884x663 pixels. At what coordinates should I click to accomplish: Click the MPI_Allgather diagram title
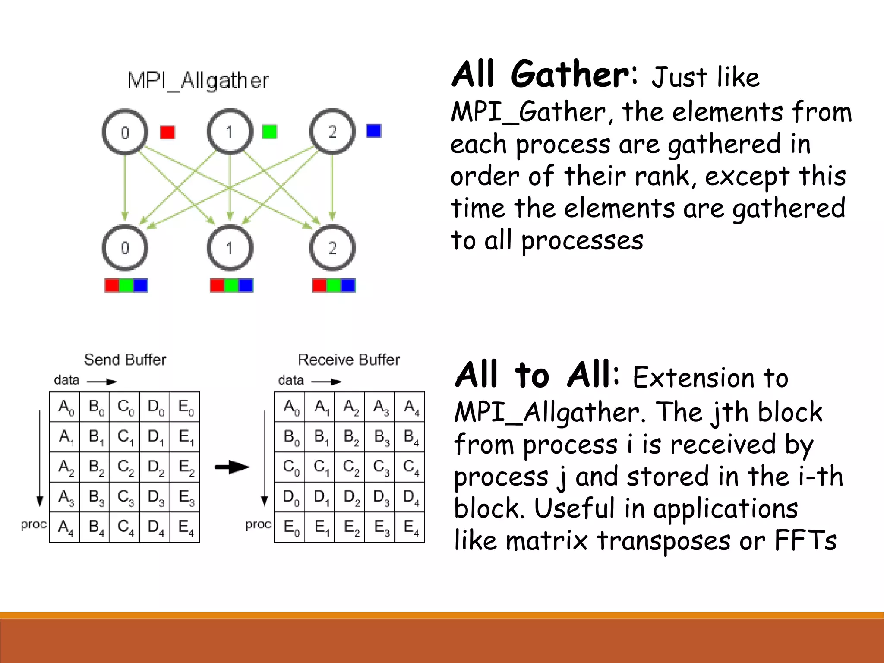click(x=198, y=81)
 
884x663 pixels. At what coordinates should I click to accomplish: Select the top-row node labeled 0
click(x=125, y=132)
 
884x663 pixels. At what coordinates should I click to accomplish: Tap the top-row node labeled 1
click(x=230, y=132)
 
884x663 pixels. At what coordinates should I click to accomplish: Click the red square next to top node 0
click(x=167, y=132)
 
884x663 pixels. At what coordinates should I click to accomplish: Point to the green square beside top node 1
click(x=269, y=132)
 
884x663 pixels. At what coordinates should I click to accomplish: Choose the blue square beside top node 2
click(x=374, y=131)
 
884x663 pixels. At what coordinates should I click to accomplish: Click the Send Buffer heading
click(x=125, y=360)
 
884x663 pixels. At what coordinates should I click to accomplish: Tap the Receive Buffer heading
click(x=349, y=360)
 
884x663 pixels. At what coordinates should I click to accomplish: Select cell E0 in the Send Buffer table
click(x=185, y=407)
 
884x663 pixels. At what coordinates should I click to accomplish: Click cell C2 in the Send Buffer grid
click(x=125, y=467)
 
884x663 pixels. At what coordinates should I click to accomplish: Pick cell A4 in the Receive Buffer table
click(x=410, y=407)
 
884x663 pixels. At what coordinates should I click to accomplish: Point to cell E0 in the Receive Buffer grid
click(x=290, y=527)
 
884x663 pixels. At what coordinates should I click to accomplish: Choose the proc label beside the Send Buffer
click(x=34, y=524)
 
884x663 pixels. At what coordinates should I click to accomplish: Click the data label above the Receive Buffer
click(x=291, y=380)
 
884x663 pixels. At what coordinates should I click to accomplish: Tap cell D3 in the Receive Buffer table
click(x=380, y=497)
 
